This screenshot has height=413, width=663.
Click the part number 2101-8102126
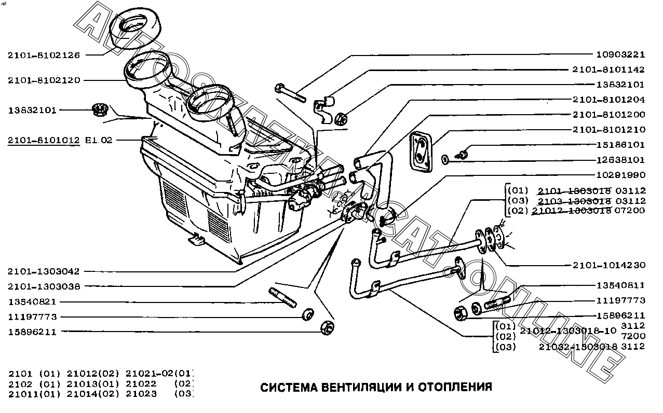coord(44,54)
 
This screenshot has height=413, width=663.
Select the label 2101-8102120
coord(44,80)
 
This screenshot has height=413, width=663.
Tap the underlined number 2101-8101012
coord(44,140)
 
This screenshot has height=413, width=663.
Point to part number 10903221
coord(619,54)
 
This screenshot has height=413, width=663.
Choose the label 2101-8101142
coord(608,70)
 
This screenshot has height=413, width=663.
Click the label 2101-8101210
coord(608,129)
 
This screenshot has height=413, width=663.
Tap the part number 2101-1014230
coord(608,265)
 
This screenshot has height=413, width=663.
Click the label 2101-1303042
coord(44,271)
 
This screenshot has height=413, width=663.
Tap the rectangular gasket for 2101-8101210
coord(421,151)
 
